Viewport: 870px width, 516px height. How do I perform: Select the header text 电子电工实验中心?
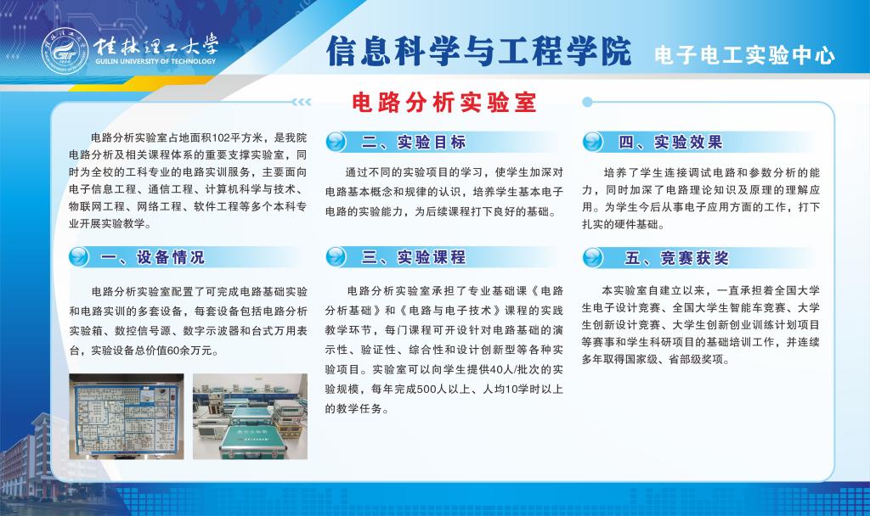click(744, 56)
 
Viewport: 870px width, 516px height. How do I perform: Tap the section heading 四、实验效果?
click(671, 142)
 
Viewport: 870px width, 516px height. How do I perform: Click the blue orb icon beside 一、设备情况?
click(79, 256)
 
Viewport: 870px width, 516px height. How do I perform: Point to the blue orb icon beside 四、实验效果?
click(595, 142)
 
